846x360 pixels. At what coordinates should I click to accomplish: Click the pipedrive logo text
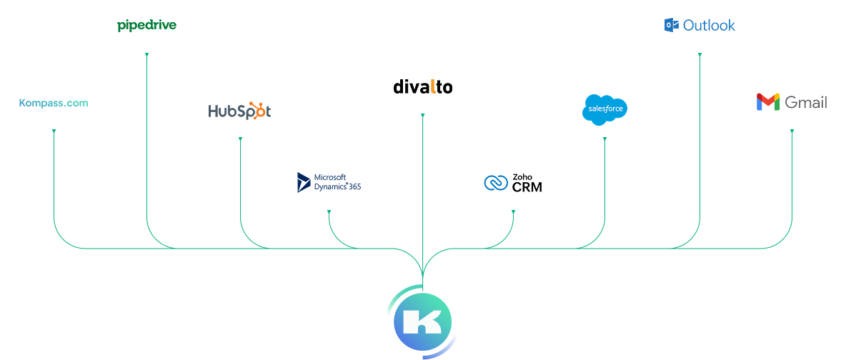point(146,26)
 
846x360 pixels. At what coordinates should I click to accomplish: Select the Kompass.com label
point(54,103)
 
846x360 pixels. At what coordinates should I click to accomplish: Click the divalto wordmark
point(422,87)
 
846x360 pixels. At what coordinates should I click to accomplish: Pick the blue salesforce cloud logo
point(604,109)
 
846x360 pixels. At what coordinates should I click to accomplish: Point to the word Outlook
point(709,26)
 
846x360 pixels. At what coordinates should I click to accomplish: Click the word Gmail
point(806,103)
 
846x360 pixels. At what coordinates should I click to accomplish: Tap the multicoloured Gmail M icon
point(767,103)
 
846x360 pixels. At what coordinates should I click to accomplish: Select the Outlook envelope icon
point(671,26)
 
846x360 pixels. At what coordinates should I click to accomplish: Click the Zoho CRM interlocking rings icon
point(495,183)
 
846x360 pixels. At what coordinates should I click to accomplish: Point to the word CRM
point(527,188)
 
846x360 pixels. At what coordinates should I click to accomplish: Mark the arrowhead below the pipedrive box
point(146,54)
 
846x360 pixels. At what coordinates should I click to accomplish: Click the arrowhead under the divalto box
point(422,115)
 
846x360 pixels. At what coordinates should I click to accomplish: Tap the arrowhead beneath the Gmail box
point(792,131)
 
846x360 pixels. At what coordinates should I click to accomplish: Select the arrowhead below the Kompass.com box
point(54,131)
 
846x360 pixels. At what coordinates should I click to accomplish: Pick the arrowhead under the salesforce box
point(604,139)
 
